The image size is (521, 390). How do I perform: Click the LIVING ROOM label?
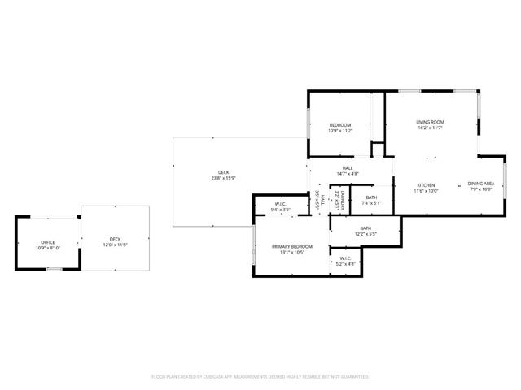[x=430, y=122]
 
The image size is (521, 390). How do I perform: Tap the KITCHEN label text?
[x=427, y=185]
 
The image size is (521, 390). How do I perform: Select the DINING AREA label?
[x=481, y=184]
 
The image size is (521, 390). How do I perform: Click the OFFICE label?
[x=48, y=242]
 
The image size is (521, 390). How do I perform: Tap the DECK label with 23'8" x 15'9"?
[x=223, y=172]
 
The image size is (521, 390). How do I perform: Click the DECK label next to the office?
[x=115, y=239]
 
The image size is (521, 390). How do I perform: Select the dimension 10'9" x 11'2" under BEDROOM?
[x=339, y=131]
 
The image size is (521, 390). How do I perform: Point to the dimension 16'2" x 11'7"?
[x=430, y=128]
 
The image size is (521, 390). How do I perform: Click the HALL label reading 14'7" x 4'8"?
[x=347, y=168]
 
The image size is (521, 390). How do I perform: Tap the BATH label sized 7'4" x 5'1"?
[x=370, y=197]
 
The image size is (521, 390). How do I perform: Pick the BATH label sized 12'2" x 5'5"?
[x=366, y=228]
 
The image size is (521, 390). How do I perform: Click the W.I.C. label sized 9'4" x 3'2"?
[x=280, y=204]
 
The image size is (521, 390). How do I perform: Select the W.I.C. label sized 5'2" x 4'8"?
[x=346, y=258]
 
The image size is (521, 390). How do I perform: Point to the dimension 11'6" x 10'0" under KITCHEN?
[x=427, y=191]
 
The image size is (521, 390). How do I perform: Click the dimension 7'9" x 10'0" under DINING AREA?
[x=481, y=190]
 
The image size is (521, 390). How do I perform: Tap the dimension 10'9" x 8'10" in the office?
[x=48, y=247]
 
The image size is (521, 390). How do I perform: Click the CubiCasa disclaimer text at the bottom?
[x=260, y=377]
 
